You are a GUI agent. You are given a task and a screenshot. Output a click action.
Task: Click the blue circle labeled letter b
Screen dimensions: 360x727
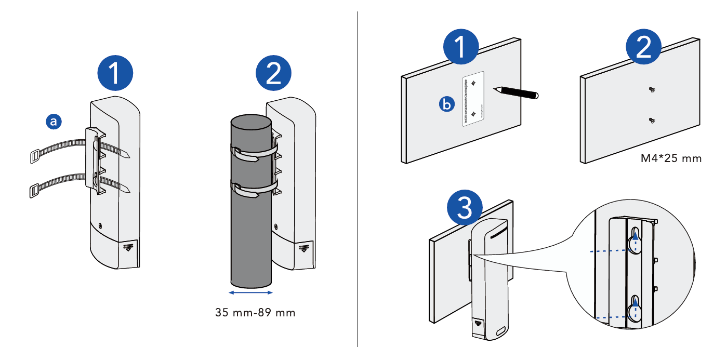click(x=446, y=105)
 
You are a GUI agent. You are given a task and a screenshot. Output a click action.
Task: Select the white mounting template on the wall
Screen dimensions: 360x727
click(x=473, y=98)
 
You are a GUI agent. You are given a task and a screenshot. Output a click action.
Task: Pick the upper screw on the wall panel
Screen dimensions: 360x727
click(x=652, y=90)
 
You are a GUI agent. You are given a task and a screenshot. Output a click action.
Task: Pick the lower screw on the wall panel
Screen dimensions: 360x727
click(x=652, y=121)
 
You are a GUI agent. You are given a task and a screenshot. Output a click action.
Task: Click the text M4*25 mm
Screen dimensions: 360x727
click(x=671, y=158)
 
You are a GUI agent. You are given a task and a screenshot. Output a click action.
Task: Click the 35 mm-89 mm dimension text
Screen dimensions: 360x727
click(x=255, y=313)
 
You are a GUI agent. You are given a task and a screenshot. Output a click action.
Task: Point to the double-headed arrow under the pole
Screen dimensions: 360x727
click(x=250, y=293)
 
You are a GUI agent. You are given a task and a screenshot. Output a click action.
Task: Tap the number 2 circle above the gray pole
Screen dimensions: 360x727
click(x=274, y=72)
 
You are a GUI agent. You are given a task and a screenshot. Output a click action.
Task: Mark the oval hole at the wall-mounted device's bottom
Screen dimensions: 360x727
click(x=501, y=331)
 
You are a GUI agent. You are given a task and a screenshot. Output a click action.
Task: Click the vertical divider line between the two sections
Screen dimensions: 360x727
click(x=358, y=180)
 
